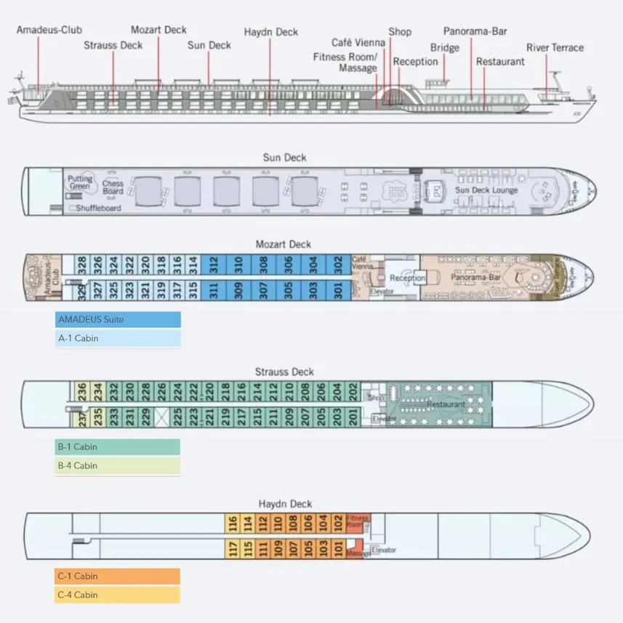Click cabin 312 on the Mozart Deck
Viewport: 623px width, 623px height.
tap(214, 263)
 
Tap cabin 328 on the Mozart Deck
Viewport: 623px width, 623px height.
tap(82, 263)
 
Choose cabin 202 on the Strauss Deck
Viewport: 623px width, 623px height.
tap(353, 391)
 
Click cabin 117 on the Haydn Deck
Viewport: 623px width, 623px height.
tap(233, 550)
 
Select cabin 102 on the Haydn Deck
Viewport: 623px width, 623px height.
tap(338, 523)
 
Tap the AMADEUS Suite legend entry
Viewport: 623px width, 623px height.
tap(118, 320)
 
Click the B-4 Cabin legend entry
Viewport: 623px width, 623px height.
tap(118, 466)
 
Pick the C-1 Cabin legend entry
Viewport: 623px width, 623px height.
tap(118, 576)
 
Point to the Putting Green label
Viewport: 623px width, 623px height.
tap(81, 182)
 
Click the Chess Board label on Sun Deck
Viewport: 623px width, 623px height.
tap(113, 187)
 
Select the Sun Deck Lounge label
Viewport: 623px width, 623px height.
tap(486, 190)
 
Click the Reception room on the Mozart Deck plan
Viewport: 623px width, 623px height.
tap(406, 278)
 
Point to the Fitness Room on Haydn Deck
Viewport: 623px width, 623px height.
tap(356, 523)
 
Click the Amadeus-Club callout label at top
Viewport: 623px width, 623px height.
tap(49, 30)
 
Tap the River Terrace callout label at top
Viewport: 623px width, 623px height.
tap(555, 48)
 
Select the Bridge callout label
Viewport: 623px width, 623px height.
tap(444, 48)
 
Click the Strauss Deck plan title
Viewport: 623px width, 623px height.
tap(284, 372)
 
